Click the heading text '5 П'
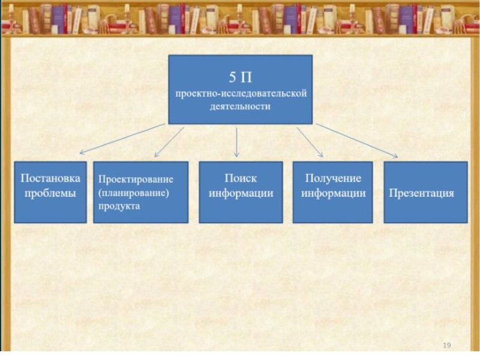(x=240, y=77)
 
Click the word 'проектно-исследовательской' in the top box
(x=241, y=94)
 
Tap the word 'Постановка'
(x=50, y=179)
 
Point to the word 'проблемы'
(x=50, y=193)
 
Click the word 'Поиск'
(x=241, y=179)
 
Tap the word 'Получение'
(x=334, y=179)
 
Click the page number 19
(x=446, y=345)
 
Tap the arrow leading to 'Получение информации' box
(x=310, y=141)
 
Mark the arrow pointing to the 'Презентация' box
(x=356, y=141)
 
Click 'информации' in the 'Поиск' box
(x=241, y=193)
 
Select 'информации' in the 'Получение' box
(x=334, y=193)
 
